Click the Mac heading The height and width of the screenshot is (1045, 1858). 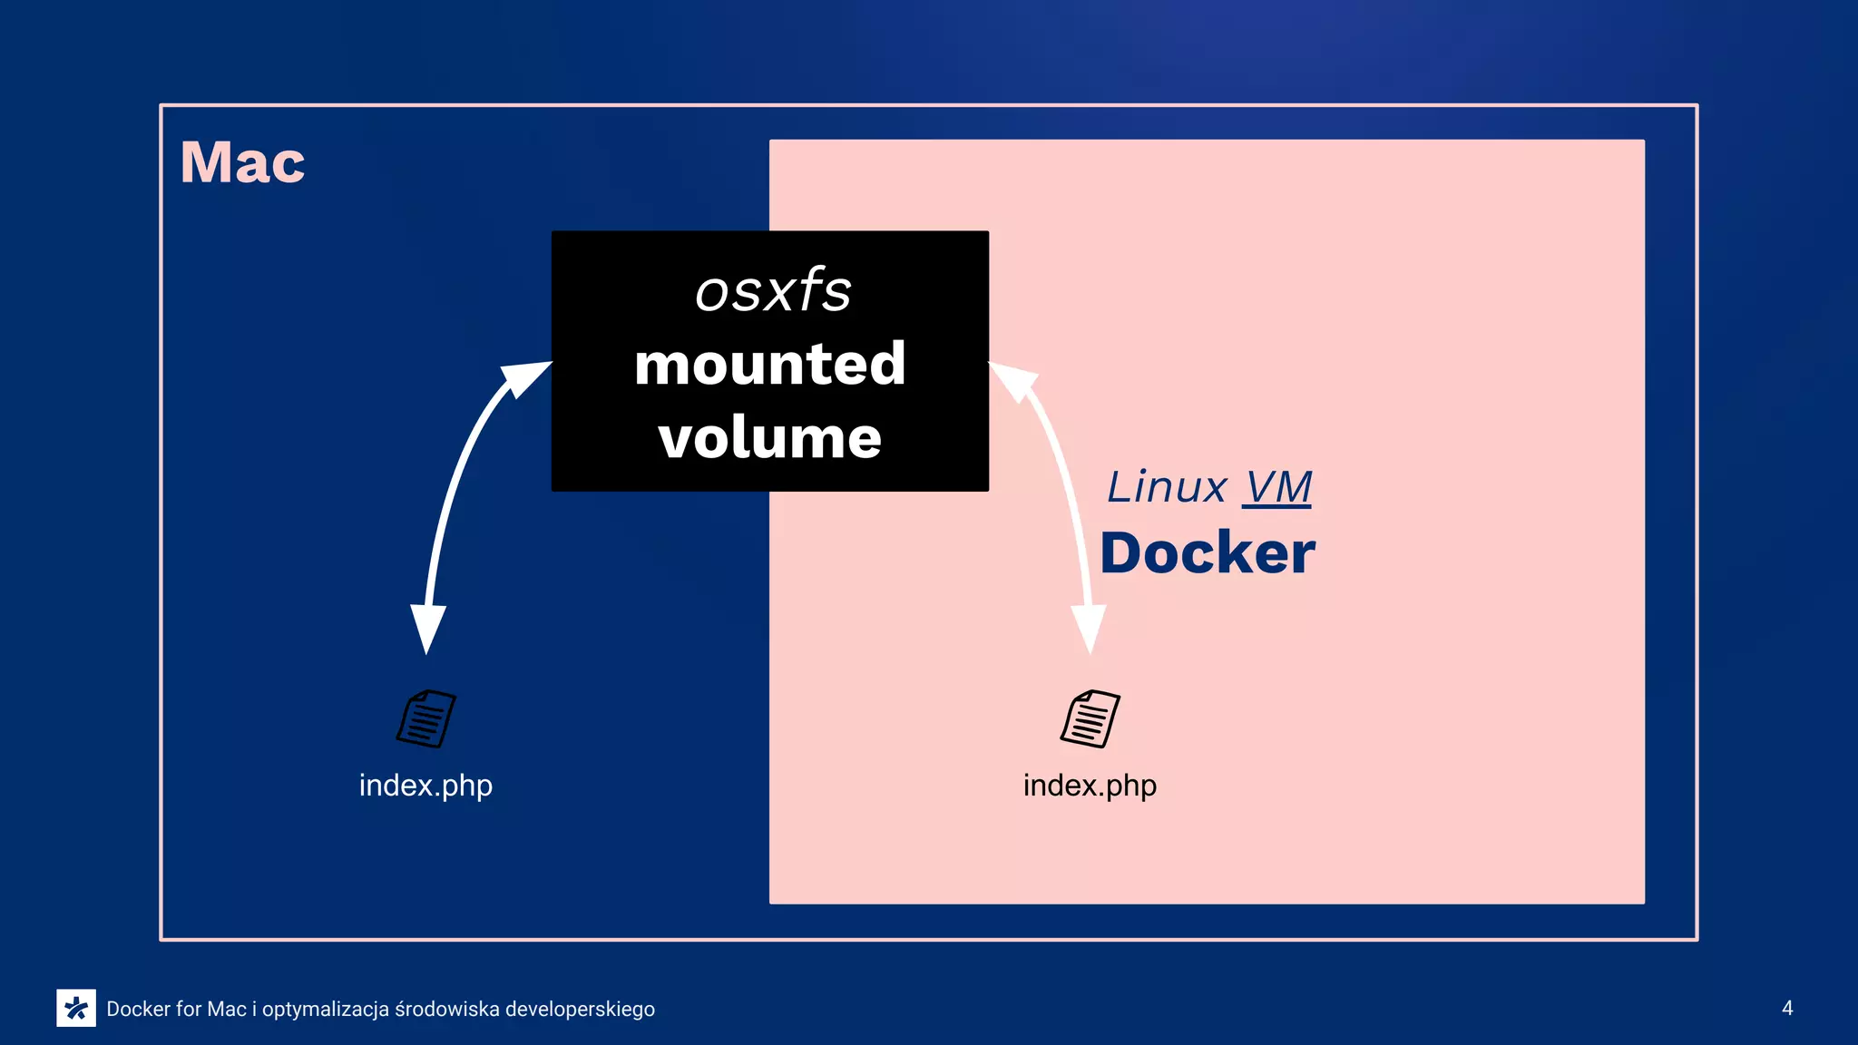click(x=242, y=162)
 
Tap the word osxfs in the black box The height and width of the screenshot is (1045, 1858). click(x=773, y=291)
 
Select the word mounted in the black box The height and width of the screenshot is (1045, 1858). click(x=770, y=364)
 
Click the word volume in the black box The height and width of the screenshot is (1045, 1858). click(x=770, y=437)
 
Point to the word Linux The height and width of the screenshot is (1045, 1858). click(x=1167, y=487)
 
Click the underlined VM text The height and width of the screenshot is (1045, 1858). click(x=1276, y=487)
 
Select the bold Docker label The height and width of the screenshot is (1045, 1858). click(x=1208, y=553)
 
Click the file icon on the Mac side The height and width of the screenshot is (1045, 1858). click(x=426, y=718)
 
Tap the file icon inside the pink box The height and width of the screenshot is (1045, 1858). click(x=1090, y=718)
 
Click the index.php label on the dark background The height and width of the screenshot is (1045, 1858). click(x=425, y=785)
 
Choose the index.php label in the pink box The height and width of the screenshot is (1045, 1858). click(x=1090, y=785)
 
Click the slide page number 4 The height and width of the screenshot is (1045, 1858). click(x=1787, y=1008)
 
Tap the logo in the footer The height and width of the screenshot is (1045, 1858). click(x=76, y=1008)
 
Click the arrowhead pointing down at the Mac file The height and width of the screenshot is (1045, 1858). click(x=427, y=627)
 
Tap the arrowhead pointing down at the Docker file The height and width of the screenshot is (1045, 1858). click(x=1089, y=627)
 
